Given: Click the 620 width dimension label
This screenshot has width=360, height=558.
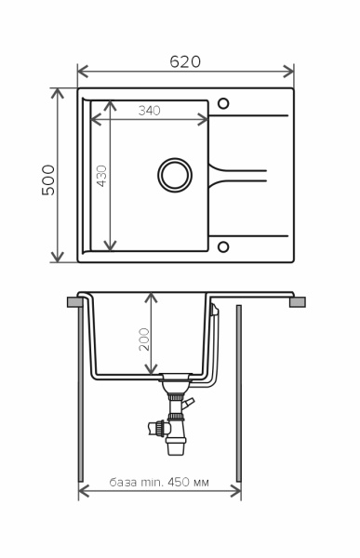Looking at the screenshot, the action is [x=185, y=61].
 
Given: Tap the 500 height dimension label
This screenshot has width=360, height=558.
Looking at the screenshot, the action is [x=48, y=179].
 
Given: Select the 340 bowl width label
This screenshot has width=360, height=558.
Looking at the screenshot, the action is [x=150, y=111].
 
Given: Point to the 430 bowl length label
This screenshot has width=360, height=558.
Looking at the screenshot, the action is [x=101, y=176].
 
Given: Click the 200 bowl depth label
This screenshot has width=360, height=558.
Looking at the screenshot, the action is [x=144, y=339].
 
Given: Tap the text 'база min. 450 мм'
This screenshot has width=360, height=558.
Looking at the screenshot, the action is [x=159, y=482].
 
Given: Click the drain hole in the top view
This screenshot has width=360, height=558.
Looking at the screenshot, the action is [x=175, y=175].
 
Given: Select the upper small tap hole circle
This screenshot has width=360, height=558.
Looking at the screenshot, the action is [x=223, y=103].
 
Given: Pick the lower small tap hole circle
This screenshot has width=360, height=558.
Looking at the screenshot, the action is [x=223, y=246].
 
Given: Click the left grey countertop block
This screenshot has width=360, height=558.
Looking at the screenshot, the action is [x=75, y=302].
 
